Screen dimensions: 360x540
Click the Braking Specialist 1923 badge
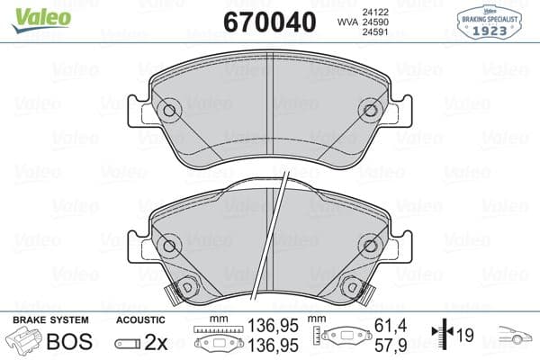click(490, 20)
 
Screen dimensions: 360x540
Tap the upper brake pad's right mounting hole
click(369, 111)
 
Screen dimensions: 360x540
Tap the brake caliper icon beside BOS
click(24, 342)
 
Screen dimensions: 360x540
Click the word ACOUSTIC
click(141, 320)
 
